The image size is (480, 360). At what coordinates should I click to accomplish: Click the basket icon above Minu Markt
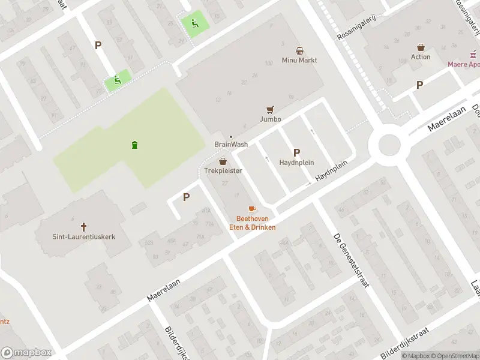click(299, 50)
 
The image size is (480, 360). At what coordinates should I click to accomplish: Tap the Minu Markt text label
click(299, 61)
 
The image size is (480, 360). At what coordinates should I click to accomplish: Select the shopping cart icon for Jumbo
click(271, 109)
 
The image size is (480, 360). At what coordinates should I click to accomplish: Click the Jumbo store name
click(271, 119)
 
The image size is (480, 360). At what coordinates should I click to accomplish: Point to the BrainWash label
click(231, 145)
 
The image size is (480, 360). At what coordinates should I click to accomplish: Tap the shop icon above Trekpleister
click(223, 161)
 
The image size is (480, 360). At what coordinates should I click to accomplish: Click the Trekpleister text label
click(223, 171)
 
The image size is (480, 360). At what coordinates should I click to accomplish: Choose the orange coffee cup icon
click(252, 209)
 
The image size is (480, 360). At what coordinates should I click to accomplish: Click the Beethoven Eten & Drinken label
click(252, 223)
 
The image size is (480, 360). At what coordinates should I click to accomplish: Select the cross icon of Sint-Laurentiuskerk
click(83, 227)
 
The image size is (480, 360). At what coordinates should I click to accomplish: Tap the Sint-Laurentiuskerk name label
click(83, 237)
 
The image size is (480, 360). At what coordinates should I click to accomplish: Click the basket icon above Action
click(421, 47)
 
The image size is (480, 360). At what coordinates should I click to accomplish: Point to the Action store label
click(421, 57)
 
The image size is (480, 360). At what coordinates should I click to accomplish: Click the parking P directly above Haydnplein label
click(296, 152)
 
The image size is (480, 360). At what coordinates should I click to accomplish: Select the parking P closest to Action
click(419, 85)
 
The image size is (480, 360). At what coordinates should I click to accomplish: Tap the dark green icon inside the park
click(134, 145)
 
